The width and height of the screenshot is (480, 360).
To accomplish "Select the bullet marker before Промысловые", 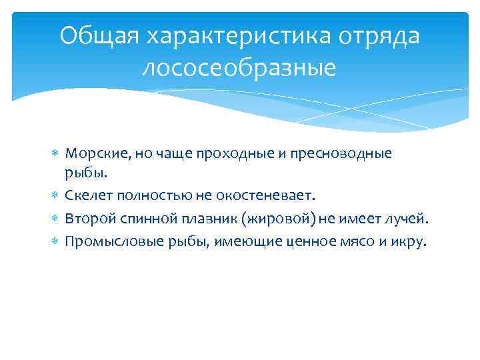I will [x=55, y=241].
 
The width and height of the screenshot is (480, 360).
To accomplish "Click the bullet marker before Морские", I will [x=55, y=154].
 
